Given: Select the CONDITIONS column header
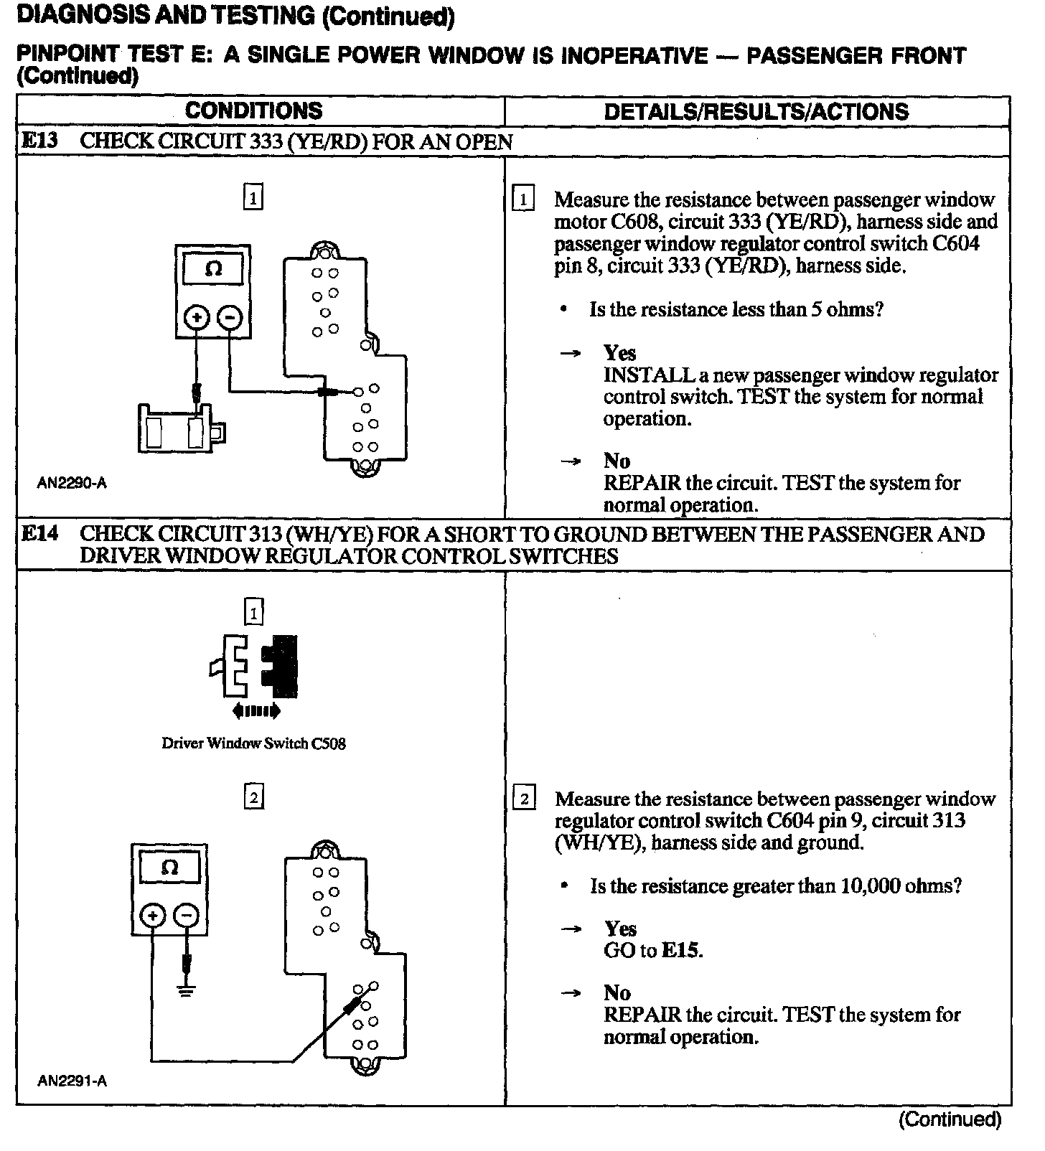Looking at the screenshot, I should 253,111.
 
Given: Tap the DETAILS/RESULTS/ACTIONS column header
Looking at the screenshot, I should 756,111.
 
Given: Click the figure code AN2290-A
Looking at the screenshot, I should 72,483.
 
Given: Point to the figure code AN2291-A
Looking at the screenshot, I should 72,1081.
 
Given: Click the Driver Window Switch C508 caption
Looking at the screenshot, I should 253,743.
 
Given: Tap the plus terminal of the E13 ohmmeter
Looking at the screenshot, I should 197,317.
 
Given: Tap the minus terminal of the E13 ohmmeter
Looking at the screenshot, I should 230,317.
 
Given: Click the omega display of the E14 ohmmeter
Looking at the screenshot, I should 169,868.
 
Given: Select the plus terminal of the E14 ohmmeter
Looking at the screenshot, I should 152,916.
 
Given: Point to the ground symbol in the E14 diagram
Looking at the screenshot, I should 187,992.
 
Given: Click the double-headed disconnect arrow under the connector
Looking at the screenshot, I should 256,711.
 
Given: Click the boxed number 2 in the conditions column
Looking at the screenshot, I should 254,797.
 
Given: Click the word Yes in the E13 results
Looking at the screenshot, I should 619,353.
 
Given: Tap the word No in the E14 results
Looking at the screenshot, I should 617,993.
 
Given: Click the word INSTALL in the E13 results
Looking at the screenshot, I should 648,375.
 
